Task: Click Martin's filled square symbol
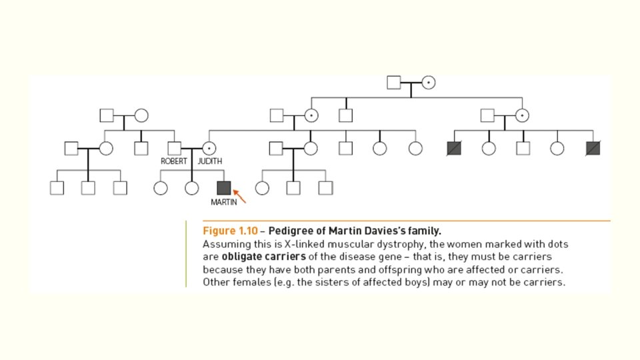click(223, 187)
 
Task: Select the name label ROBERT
click(173, 161)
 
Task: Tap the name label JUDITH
click(210, 161)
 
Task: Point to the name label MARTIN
click(223, 202)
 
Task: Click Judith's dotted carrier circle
click(209, 148)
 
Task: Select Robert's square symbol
click(175, 148)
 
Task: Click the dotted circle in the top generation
click(429, 83)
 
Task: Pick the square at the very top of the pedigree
click(394, 83)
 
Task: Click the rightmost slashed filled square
click(593, 148)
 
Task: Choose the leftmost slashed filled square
click(454, 148)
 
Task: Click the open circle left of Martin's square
click(192, 188)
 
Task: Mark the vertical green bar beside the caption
click(186, 254)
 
